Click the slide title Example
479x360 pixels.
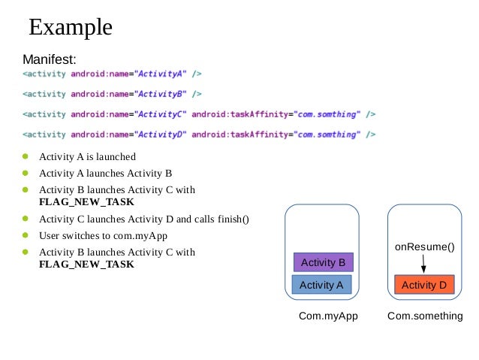71,28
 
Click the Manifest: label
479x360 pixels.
50,59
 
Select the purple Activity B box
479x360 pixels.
324,262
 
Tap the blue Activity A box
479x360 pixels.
321,285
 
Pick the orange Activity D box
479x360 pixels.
424,285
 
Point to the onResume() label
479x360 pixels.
425,247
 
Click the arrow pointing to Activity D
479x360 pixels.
423,264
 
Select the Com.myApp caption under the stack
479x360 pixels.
328,316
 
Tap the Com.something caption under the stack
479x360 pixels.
425,316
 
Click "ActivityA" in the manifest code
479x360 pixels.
161,74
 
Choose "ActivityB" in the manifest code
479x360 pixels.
161,94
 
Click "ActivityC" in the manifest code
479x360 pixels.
161,114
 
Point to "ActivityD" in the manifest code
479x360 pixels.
161,135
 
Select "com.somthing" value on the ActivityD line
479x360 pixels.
327,135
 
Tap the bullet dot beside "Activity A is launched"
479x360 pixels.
26,156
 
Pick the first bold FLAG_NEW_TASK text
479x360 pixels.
87,202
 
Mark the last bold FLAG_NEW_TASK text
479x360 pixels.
87,265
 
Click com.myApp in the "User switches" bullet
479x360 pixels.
140,236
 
